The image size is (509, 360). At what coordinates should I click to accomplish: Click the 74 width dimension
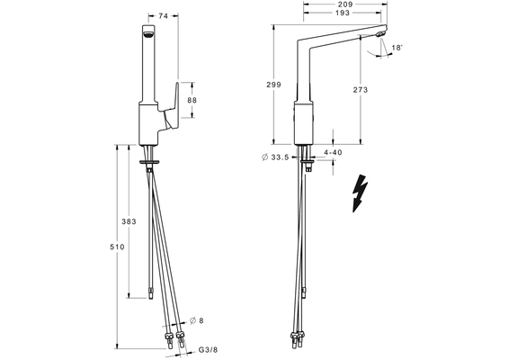(164, 15)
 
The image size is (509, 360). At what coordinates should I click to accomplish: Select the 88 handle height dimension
(192, 100)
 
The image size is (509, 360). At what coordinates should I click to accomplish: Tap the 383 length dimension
(129, 221)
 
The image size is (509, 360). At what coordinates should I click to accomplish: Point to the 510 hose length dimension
(117, 247)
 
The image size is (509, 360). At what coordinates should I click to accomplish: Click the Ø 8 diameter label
(196, 320)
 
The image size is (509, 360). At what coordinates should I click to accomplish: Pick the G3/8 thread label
(208, 350)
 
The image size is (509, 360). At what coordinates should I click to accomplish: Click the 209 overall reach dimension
(345, 4)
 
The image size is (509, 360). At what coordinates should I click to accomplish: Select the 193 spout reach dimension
(343, 13)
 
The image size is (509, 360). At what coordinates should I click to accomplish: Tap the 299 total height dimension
(273, 85)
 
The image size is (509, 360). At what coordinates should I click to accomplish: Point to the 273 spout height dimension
(361, 90)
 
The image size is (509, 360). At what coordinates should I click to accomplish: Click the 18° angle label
(397, 48)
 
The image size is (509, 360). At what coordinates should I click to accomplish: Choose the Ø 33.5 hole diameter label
(275, 157)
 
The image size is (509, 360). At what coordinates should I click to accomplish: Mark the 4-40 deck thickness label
(333, 152)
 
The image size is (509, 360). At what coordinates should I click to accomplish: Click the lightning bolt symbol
(361, 193)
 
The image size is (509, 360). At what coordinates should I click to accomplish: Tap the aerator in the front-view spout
(148, 35)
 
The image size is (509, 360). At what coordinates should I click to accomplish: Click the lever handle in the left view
(172, 107)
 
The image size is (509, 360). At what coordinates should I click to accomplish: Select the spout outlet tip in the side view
(380, 34)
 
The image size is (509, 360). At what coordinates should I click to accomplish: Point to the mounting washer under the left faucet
(149, 162)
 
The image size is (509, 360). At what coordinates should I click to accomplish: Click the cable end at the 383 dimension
(150, 293)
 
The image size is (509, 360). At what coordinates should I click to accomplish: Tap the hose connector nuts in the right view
(299, 336)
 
